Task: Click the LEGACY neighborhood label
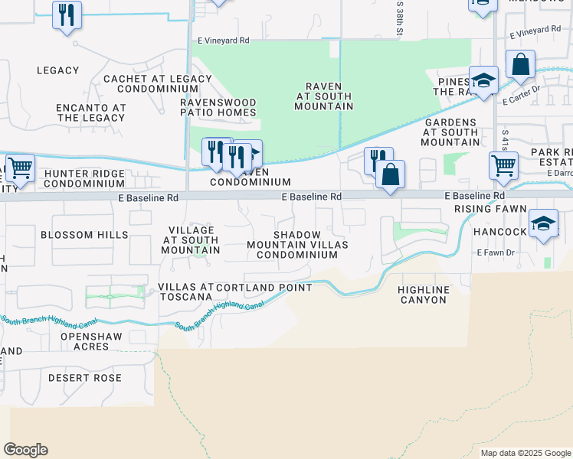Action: click(57, 70)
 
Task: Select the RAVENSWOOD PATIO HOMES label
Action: click(218, 107)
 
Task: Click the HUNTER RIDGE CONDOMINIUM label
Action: click(84, 178)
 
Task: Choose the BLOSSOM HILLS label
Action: click(84, 235)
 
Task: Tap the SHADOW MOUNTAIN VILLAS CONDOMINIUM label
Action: click(297, 245)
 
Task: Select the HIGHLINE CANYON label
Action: click(422, 295)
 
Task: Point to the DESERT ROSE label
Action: click(85, 378)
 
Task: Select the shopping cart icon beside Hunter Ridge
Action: click(20, 167)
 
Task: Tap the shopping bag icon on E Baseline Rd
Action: click(390, 174)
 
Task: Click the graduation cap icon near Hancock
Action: click(543, 223)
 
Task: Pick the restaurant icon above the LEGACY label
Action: click(67, 15)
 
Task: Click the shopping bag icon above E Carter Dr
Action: click(520, 66)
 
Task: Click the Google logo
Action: click(25, 450)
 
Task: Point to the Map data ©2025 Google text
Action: click(526, 453)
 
